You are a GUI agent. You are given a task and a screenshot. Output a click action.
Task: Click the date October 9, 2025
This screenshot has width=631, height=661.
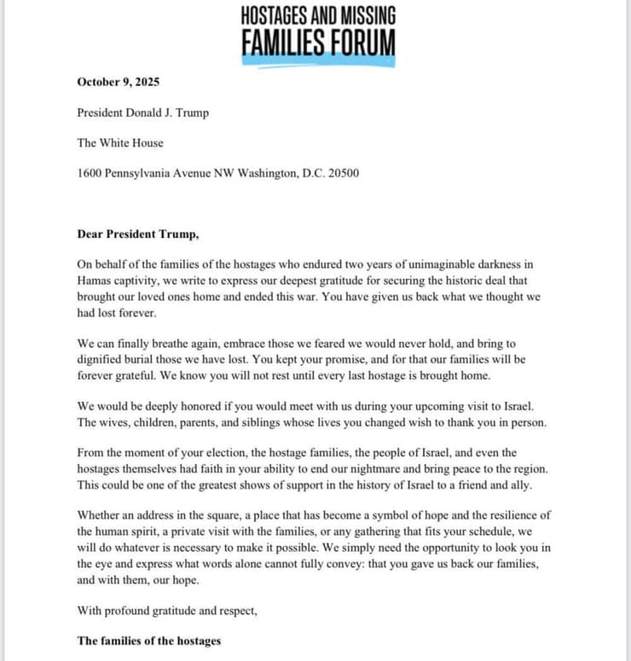point(118,83)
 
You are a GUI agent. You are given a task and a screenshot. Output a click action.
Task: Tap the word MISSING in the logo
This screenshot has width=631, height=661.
point(358,16)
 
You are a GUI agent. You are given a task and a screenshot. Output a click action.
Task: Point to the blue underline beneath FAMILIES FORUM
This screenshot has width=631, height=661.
point(318,61)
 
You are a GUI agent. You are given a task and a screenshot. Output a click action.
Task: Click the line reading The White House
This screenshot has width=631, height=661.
point(119,142)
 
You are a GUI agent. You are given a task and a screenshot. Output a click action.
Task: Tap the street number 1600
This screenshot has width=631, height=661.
point(90,173)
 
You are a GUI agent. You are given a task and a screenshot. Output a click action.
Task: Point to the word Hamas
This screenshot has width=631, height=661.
point(96,281)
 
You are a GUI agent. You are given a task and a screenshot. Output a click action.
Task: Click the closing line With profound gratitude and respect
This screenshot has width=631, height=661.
point(166,610)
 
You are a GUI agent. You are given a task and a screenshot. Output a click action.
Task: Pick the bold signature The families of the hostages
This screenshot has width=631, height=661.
point(149,641)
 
